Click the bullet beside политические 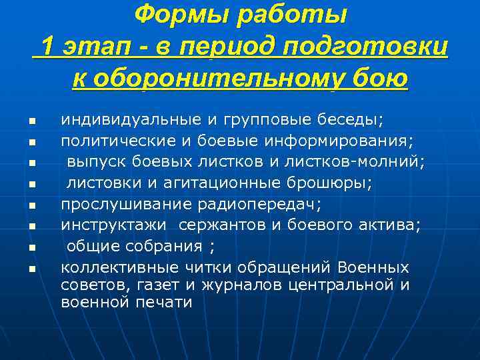click(31, 142)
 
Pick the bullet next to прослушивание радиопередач click(31, 206)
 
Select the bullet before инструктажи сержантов click(31, 227)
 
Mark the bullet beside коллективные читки click(31, 269)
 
